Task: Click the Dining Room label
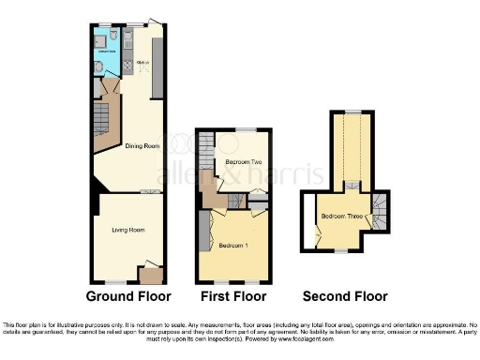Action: (142, 146)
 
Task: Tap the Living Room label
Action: (127, 230)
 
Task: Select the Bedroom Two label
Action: (243, 162)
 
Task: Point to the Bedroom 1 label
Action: (232, 246)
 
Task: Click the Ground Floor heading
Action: (128, 296)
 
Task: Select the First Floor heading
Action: (233, 296)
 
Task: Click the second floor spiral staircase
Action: (380, 214)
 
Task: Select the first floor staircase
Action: (206, 159)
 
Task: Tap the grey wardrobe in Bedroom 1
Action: (202, 232)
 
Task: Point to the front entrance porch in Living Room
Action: (149, 275)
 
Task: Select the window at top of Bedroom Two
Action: (246, 129)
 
